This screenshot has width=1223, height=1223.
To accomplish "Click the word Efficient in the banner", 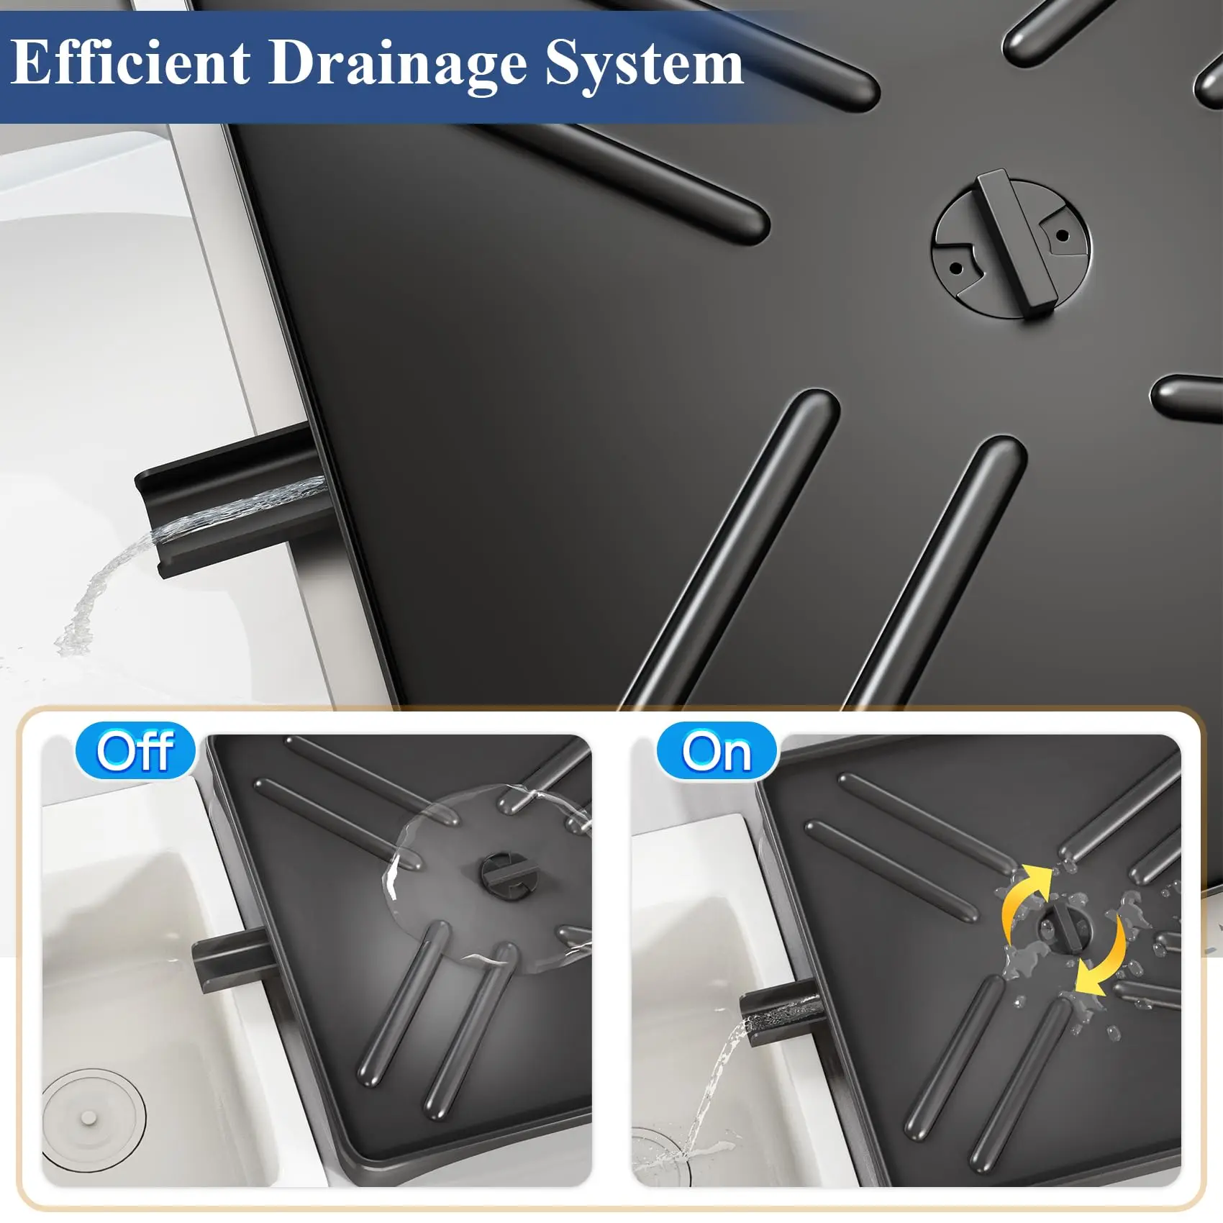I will click(131, 63).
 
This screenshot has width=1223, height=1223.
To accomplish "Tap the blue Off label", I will click(135, 752).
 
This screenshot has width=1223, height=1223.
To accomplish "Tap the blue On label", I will click(717, 752).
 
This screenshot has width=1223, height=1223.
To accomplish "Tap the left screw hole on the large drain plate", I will click(956, 268).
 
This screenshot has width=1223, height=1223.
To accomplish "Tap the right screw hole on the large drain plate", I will click(1062, 235).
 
